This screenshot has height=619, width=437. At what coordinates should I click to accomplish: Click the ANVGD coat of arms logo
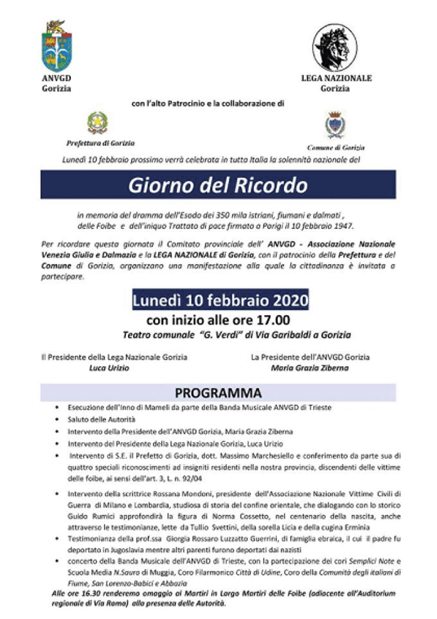pyautogui.click(x=57, y=46)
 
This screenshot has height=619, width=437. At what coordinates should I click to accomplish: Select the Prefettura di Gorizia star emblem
pyautogui.click(x=97, y=123)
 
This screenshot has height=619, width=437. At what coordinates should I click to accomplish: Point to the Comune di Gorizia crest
pyautogui.click(x=335, y=125)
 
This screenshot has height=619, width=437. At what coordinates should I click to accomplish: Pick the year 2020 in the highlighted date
pyautogui.click(x=291, y=300)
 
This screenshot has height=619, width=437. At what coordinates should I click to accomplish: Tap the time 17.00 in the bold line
pyautogui.click(x=273, y=320)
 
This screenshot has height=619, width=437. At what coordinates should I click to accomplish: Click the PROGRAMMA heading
pyautogui.click(x=218, y=393)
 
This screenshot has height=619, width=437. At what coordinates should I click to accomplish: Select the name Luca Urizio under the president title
pyautogui.click(x=109, y=368)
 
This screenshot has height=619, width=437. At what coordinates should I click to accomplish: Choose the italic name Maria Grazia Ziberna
pyautogui.click(x=310, y=368)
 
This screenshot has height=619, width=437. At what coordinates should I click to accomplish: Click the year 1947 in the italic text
pyautogui.click(x=344, y=226)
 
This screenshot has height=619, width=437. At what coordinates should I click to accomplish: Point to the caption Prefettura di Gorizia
pyautogui.click(x=101, y=143)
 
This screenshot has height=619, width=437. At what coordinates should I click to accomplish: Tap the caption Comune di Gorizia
pyautogui.click(x=336, y=148)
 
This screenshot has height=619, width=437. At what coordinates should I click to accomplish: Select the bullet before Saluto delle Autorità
pyautogui.click(x=57, y=420)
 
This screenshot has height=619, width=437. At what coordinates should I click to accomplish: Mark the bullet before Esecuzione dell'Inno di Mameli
pyautogui.click(x=57, y=407)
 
